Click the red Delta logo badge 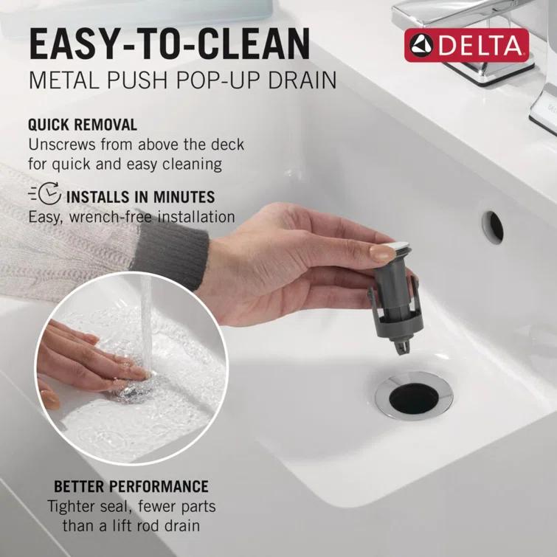tap(466, 46)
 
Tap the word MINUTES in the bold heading tap(181, 197)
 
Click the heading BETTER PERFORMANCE tap(131, 486)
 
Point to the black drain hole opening tap(413, 398)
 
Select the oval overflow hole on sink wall tap(492, 226)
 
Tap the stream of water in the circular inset tap(146, 325)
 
